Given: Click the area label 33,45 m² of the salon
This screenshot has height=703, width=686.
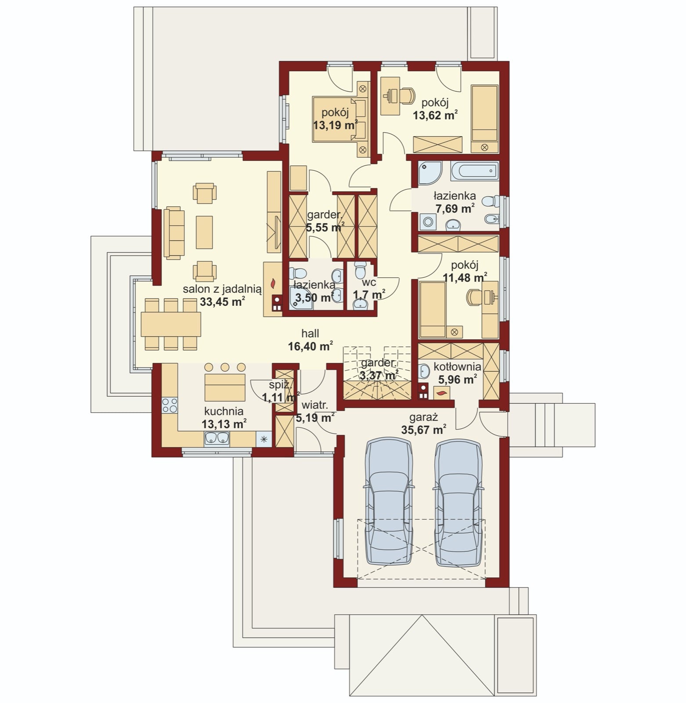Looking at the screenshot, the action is click(x=222, y=301).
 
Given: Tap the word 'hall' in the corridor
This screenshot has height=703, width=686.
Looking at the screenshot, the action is click(x=310, y=333).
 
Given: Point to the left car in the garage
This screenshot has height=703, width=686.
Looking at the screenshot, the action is click(x=389, y=501).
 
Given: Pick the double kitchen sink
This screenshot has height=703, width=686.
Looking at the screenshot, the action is click(x=217, y=438).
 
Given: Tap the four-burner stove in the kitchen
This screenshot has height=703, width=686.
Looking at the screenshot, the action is click(x=170, y=406).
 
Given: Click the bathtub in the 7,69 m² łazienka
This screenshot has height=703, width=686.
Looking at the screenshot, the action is click(x=474, y=171).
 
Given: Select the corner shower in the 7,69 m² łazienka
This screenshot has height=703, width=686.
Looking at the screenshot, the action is click(x=430, y=173).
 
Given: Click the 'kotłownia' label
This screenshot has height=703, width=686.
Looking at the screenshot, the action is click(x=457, y=366).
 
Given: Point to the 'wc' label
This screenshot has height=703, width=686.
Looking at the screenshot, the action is click(x=369, y=283).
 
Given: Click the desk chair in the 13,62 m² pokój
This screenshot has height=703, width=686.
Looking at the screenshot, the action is click(x=407, y=95).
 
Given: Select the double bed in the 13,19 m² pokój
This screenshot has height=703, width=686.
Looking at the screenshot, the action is click(x=340, y=119).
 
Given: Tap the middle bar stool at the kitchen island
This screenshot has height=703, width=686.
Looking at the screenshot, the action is click(x=225, y=367).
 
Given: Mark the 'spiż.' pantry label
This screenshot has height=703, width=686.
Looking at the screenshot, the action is click(x=279, y=385).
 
